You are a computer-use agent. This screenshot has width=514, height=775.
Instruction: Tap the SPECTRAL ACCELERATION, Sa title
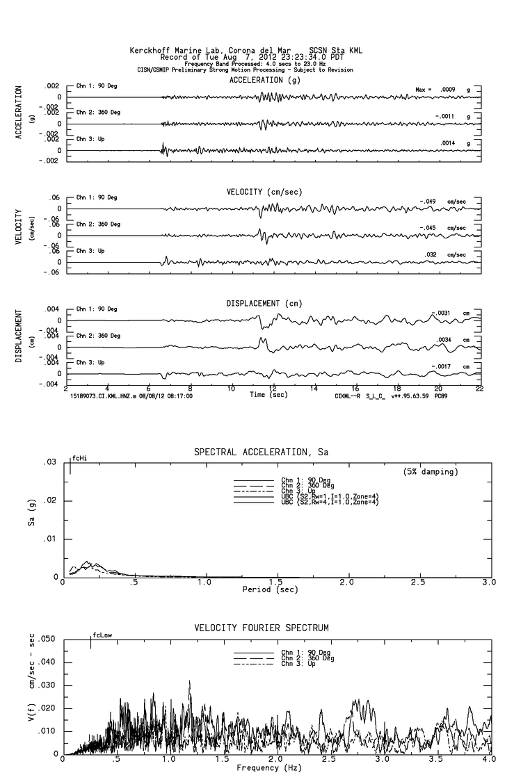pyautogui.click(x=260, y=452)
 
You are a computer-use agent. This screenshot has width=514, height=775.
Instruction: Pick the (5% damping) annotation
pyautogui.click(x=431, y=471)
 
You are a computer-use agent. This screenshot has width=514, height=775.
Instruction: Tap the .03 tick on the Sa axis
pyautogui.click(x=49, y=462)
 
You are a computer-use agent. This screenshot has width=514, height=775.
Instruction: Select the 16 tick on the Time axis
pyautogui.click(x=355, y=389)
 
